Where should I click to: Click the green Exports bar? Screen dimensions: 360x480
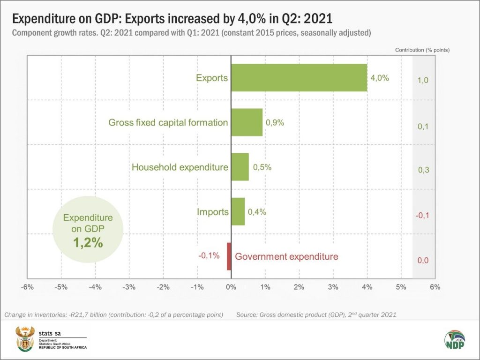click(x=299, y=78)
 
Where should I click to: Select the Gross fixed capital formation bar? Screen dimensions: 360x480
click(x=247, y=122)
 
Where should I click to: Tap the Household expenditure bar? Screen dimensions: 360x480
click(x=240, y=167)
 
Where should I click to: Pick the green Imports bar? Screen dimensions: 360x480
click(x=238, y=211)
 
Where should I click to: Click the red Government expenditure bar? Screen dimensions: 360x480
click(x=229, y=256)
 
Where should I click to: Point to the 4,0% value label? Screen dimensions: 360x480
click(x=380, y=78)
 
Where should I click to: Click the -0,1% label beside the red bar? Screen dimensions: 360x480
click(x=209, y=256)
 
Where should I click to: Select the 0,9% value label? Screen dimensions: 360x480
click(x=275, y=122)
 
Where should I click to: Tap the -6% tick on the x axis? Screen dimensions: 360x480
click(x=28, y=287)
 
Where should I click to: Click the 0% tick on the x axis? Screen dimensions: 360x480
click(x=231, y=287)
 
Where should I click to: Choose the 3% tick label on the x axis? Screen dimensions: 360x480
click(x=333, y=287)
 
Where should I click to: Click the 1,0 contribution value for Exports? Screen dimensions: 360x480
click(x=423, y=81)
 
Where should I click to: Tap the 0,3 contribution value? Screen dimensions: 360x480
click(x=423, y=171)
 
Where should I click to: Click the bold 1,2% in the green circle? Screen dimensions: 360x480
click(x=88, y=243)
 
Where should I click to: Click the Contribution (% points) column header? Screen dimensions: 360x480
click(x=422, y=50)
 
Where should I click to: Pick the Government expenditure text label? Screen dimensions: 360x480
click(x=286, y=256)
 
